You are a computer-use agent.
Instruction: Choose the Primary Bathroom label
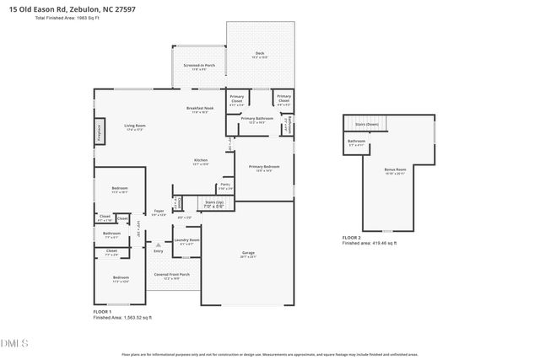click(257, 119)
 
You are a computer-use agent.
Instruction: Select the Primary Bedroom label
click(264, 167)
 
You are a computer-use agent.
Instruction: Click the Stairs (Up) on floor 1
click(214, 203)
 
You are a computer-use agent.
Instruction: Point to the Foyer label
click(159, 211)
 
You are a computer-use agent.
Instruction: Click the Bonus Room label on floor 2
click(395, 169)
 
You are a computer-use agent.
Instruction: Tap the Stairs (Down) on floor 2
click(366, 124)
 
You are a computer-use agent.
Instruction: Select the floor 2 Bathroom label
click(356, 141)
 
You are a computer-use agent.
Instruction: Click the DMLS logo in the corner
click(14, 342)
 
